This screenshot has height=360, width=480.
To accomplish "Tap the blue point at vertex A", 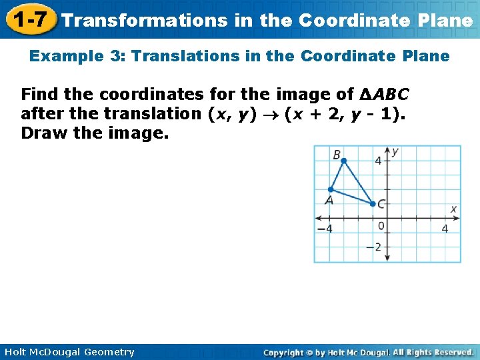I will pyautogui.click(x=330, y=189).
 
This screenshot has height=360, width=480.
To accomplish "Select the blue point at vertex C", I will pyautogui.click(x=373, y=203).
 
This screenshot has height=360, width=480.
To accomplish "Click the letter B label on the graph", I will pyautogui.click(x=337, y=155).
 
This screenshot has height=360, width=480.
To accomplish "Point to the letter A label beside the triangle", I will pyautogui.click(x=329, y=200).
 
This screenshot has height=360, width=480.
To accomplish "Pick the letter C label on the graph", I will pyautogui.click(x=381, y=205).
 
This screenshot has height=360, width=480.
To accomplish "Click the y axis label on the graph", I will pyautogui.click(x=395, y=152).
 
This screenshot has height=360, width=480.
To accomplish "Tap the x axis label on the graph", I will pyautogui.click(x=453, y=209).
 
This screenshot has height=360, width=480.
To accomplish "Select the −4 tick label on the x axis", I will pyautogui.click(x=324, y=229).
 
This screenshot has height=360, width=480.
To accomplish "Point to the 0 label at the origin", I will pyautogui.click(x=381, y=227).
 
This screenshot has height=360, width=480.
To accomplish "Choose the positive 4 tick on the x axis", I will pyautogui.click(x=445, y=229).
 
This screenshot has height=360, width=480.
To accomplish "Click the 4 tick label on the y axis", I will pyautogui.click(x=378, y=161).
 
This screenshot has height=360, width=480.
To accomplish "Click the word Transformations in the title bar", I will pyautogui.click(x=144, y=20).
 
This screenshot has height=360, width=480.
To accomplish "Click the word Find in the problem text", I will pyautogui.click(x=39, y=94).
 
